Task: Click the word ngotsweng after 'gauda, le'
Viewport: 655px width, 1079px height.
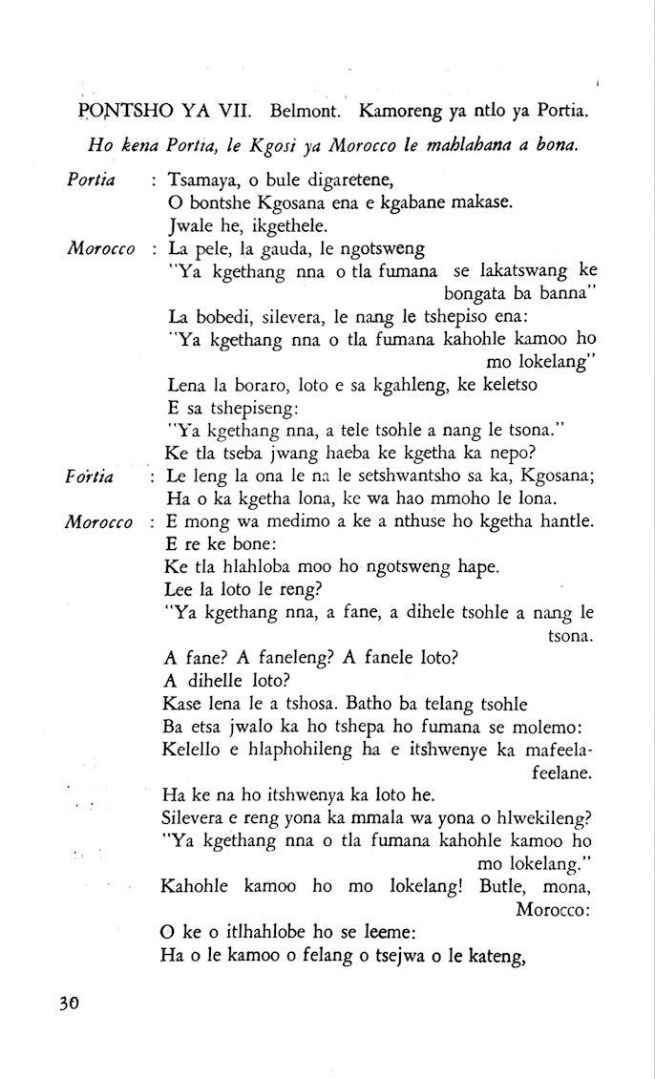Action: (378, 249)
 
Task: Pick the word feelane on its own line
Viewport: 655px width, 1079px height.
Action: (563, 770)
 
